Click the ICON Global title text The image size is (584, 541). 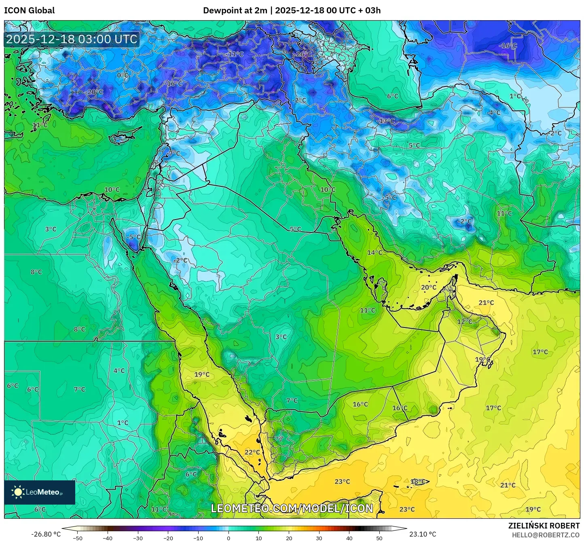tap(29, 11)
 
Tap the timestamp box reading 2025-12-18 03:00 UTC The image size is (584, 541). tap(72, 39)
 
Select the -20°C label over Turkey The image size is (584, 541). tap(94, 92)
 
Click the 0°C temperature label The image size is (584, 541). tap(123, 75)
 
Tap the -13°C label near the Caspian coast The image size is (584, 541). tap(386, 121)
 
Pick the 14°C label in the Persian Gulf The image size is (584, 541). tap(375, 253)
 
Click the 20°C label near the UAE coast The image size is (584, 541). tap(429, 287)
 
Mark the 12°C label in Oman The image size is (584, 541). tap(465, 321)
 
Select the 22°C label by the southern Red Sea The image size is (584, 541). tap(252, 452)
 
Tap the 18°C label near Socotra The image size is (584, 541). tap(418, 482)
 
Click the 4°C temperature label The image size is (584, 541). tap(119, 370)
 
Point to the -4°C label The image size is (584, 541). tap(493, 113)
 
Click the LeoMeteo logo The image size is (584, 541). tap(40, 492)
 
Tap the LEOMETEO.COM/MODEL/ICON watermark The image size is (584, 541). tap(292, 508)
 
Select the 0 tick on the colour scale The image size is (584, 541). tap(229, 538)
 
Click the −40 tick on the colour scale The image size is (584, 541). tap(108, 538)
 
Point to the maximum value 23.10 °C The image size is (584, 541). tap(423, 534)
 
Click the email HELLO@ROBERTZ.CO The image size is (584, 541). tap(546, 535)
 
